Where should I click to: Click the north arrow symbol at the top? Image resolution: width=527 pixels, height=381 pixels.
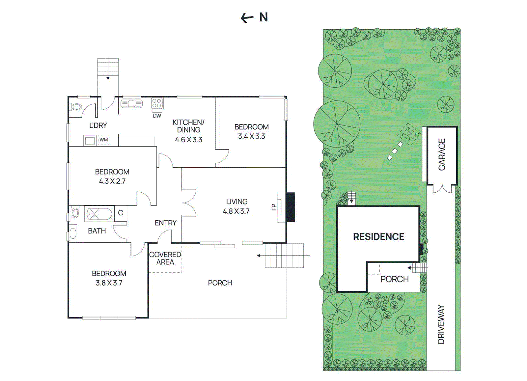point(247,18)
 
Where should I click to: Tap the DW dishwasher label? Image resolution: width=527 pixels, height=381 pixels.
point(157,116)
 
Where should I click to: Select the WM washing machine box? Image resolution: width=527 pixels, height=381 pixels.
point(104,140)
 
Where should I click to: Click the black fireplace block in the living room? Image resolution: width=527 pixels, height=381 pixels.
point(290,207)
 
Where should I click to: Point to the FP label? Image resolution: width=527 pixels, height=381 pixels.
point(274,207)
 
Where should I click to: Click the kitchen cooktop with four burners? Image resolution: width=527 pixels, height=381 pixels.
point(157,103)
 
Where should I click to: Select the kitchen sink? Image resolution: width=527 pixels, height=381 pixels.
point(131,104)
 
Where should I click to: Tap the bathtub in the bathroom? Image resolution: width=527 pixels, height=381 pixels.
point(99,214)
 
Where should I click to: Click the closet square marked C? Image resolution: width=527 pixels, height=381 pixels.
point(121,213)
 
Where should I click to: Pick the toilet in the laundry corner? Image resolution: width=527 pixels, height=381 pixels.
point(76,107)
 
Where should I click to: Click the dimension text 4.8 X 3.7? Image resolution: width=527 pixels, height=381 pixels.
point(236,211)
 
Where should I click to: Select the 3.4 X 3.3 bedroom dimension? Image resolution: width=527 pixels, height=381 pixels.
point(252,136)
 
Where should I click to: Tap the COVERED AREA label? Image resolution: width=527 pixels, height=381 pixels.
point(165,259)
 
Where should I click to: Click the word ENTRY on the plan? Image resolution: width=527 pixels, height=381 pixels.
point(165,223)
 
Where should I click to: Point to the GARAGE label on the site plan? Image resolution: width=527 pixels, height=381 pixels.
point(442,154)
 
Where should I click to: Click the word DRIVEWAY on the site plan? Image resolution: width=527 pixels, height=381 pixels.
point(441,324)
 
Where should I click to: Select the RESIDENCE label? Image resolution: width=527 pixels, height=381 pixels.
point(378,237)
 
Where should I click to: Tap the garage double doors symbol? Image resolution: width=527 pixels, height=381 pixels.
point(442,189)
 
